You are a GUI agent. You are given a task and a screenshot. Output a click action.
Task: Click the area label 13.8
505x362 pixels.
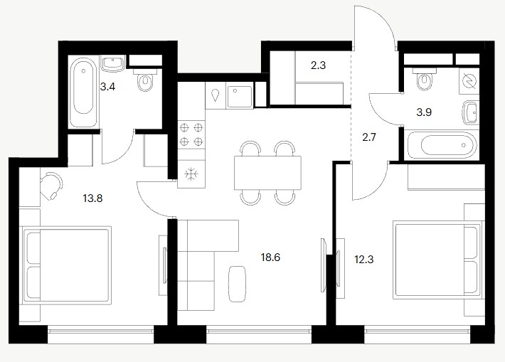(x=92, y=198)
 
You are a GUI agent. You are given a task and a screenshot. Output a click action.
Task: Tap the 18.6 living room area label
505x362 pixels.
(x=270, y=257)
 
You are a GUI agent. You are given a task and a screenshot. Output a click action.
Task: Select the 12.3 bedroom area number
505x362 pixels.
(x=364, y=260)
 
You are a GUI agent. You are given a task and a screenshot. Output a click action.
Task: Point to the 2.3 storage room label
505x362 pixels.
(x=318, y=65)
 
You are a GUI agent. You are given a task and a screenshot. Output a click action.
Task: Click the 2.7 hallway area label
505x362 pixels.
(x=369, y=137)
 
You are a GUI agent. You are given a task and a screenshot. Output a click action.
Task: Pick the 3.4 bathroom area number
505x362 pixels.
(x=107, y=87)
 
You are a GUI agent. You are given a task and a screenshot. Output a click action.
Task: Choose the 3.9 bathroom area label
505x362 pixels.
(x=424, y=112)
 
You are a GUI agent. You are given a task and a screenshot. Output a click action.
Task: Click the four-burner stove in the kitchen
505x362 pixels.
(x=191, y=135)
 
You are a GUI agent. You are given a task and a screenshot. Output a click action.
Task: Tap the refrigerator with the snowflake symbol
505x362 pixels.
(x=191, y=174)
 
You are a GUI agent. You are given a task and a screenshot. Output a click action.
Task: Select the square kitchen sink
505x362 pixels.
(x=239, y=95)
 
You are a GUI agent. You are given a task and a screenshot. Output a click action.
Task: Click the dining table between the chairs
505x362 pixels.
(x=268, y=173)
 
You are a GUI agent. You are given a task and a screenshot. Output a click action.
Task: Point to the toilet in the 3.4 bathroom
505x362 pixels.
(x=145, y=79)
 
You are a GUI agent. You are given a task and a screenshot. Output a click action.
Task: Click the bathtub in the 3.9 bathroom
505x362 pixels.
(x=442, y=145)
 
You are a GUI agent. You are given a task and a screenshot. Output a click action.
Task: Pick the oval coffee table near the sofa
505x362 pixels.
(x=238, y=284)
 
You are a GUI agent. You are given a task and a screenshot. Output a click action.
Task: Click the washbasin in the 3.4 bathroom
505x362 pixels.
(x=112, y=63)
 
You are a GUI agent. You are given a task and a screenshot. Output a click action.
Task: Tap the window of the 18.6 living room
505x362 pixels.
(x=259, y=334)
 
